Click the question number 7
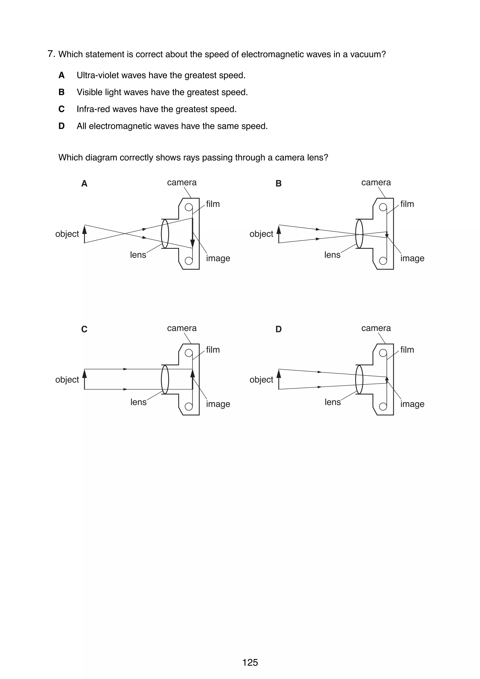51,54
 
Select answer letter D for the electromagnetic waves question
61,126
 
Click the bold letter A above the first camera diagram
84,184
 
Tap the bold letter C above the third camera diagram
84,329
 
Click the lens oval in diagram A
165,234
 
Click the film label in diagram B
407,204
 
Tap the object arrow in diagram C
85,379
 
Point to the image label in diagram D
412,404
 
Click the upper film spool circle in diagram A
188,207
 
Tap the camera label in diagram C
182,328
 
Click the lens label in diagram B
332,255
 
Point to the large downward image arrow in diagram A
192,234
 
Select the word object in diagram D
261,380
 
